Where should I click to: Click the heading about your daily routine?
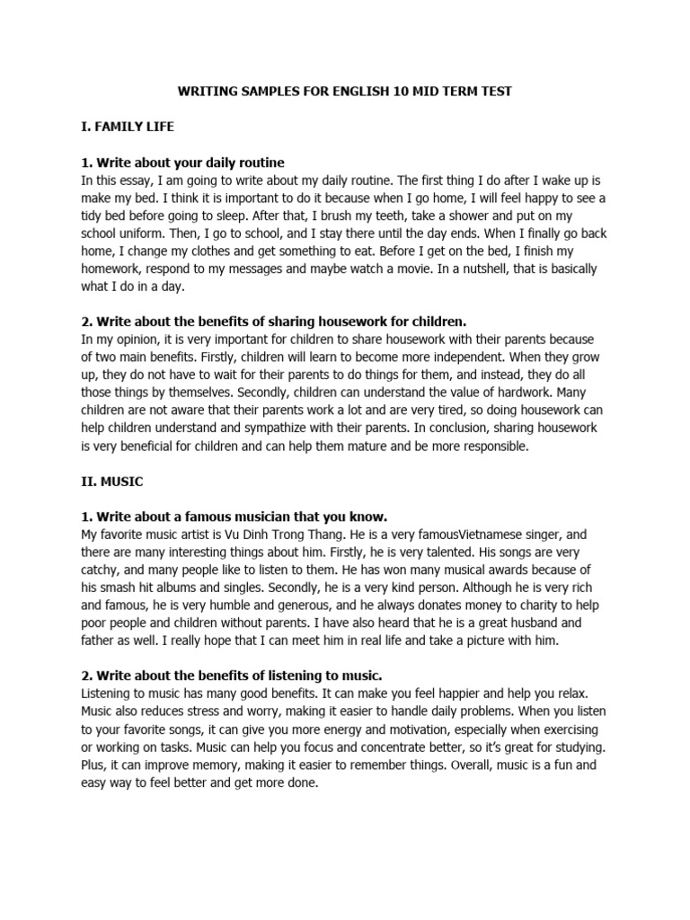[x=182, y=163]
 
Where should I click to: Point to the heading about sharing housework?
[x=272, y=321]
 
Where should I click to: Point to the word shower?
[x=490, y=216]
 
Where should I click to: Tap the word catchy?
[x=100, y=570]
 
